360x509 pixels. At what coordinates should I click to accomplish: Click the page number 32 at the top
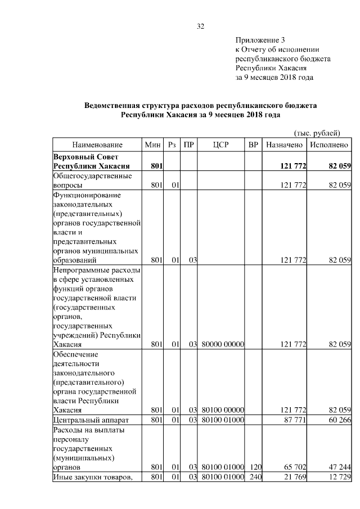(x=200, y=26)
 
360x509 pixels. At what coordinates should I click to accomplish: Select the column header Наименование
(x=97, y=145)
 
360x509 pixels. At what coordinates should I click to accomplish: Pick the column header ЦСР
(x=222, y=145)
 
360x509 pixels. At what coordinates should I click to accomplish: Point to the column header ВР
(x=254, y=145)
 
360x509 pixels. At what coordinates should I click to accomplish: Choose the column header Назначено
(x=285, y=145)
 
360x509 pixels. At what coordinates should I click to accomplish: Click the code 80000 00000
(x=222, y=344)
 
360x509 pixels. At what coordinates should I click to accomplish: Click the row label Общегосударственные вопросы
(x=92, y=180)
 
